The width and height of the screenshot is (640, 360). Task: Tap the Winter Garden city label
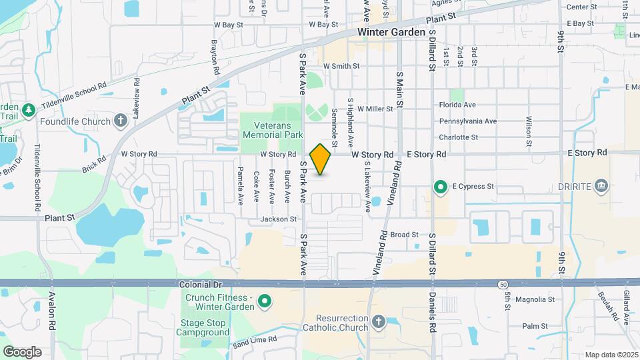coord(391,32)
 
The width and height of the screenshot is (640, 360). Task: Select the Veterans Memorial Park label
coord(273,129)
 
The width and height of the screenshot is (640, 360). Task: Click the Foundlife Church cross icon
coord(120,121)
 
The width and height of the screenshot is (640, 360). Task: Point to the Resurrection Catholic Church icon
coord(379,322)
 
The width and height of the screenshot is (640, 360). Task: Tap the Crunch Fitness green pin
coord(264,302)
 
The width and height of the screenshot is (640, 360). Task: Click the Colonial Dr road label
coord(200,284)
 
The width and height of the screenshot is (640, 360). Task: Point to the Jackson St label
coord(279,219)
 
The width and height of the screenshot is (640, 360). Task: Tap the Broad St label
coord(404,235)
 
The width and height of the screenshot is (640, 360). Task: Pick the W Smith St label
coord(341,66)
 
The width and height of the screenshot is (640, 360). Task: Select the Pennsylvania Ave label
coord(467,121)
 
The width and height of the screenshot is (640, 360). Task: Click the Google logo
coord(22,352)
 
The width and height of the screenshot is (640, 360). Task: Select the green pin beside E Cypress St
coord(440,187)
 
